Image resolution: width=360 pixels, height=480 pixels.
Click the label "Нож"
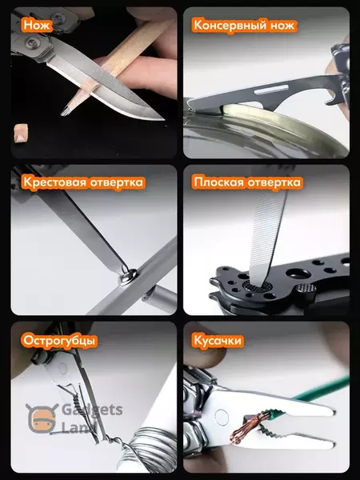(x=36, y=25)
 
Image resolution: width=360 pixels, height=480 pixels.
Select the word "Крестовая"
(x=54, y=182)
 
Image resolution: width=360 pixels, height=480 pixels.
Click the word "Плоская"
(x=218, y=182)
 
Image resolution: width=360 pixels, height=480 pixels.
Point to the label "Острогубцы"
(x=59, y=341)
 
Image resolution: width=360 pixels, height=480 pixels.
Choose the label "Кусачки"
(x=218, y=341)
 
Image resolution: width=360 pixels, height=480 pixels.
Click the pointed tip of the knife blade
(x=163, y=118)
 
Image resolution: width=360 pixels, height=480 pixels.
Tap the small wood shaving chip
(x=21, y=133)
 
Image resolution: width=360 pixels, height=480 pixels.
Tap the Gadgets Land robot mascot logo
(x=42, y=418)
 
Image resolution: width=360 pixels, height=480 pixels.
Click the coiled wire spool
(x=150, y=450)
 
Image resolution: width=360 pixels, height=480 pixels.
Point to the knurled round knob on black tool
(x=305, y=289)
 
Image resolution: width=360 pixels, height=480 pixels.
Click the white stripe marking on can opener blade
(x=270, y=90)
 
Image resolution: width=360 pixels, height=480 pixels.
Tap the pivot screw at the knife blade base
(x=31, y=43)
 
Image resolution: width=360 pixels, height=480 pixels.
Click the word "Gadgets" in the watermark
(x=92, y=410)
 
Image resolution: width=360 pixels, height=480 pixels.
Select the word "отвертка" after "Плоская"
(x=274, y=182)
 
